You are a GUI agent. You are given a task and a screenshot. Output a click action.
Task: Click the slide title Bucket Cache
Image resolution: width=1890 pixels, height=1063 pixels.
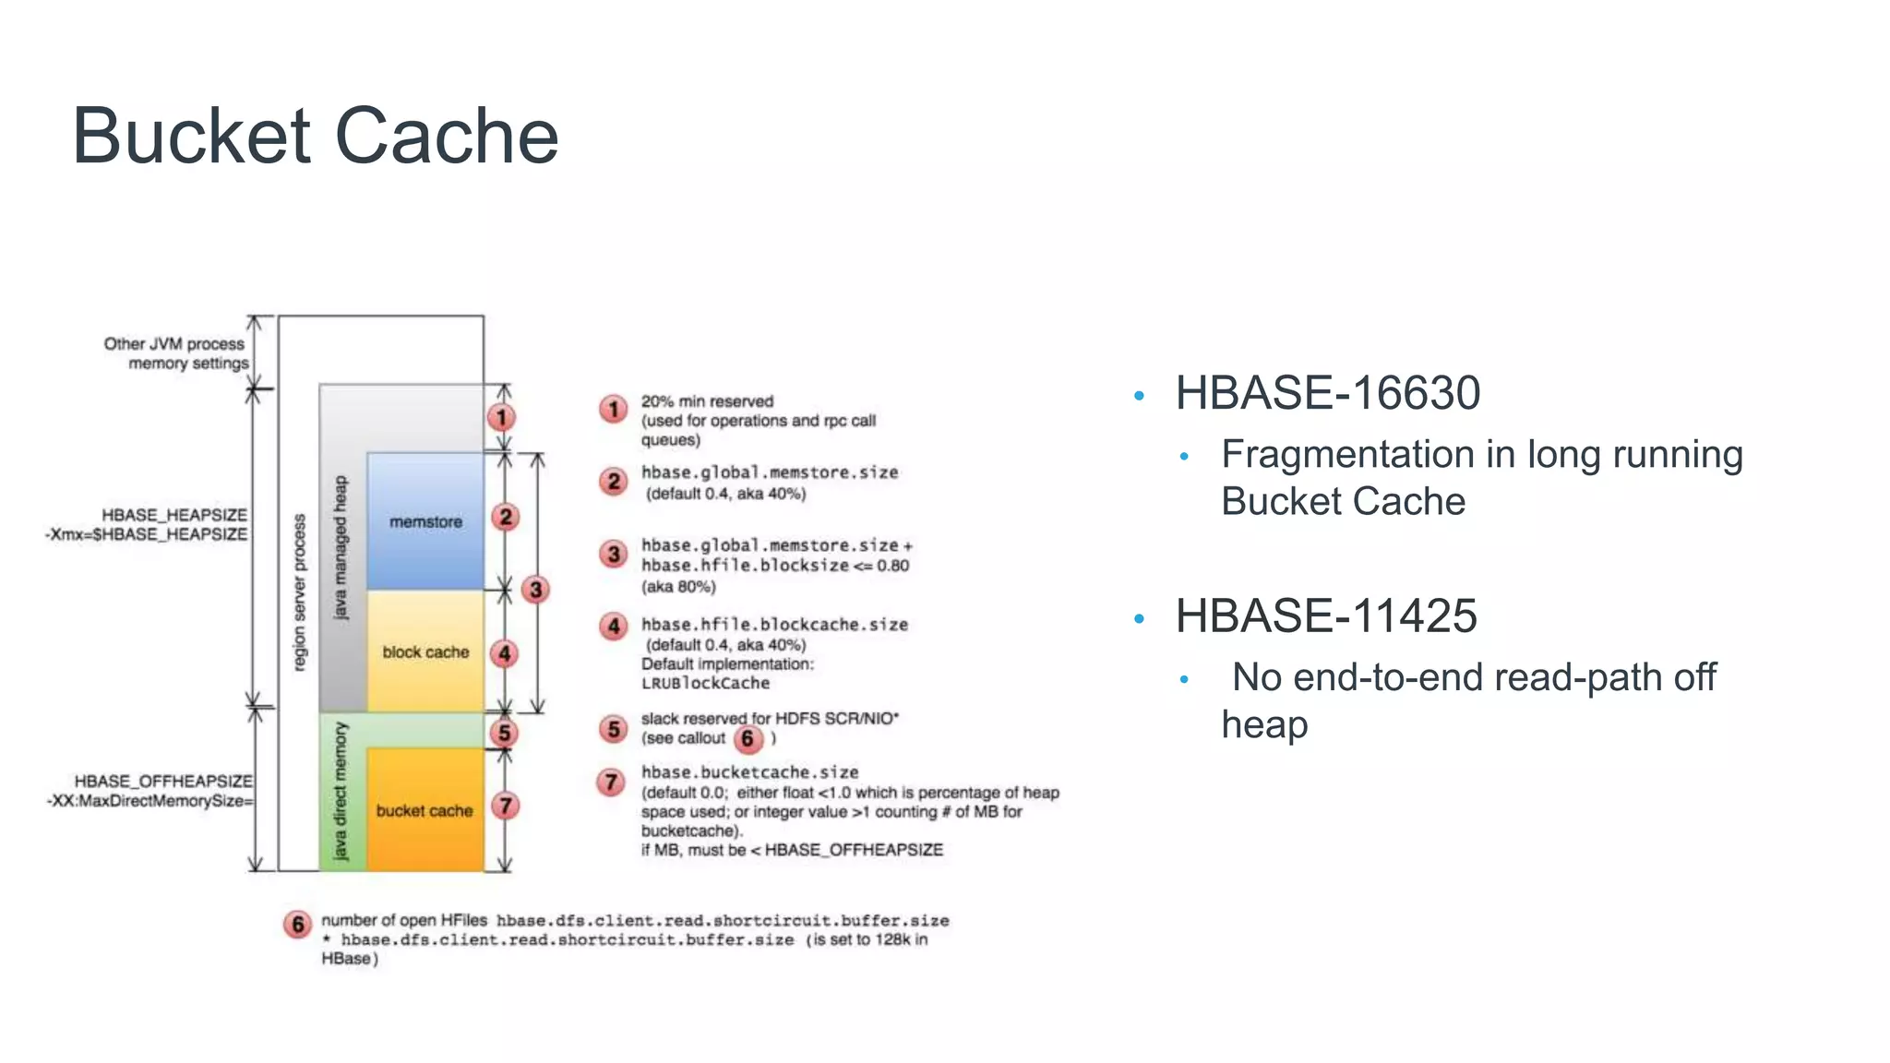pos(315,136)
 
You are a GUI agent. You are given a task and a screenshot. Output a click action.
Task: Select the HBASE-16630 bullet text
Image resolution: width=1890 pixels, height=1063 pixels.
pos(1327,393)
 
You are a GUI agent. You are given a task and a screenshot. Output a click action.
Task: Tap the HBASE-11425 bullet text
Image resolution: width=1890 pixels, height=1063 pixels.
pos(1325,616)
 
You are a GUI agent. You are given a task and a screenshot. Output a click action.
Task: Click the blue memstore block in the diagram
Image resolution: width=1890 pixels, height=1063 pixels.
pos(425,522)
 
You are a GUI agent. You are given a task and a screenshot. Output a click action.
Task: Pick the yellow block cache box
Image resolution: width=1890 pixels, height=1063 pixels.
pos(425,652)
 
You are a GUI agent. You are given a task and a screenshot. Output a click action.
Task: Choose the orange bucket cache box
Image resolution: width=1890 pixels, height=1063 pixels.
pos(425,811)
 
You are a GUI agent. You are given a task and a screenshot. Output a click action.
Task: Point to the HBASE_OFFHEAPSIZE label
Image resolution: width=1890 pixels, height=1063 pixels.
pos(162,782)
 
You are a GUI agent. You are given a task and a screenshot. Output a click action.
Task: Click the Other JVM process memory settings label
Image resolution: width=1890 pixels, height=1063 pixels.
pos(175,353)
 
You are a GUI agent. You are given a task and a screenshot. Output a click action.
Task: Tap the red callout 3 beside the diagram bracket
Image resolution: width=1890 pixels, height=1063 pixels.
pos(535,590)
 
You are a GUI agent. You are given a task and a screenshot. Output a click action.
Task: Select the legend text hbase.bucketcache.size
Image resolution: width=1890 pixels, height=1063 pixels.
pos(749,772)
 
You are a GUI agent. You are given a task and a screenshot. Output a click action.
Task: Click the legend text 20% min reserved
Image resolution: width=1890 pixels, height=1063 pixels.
pos(707,401)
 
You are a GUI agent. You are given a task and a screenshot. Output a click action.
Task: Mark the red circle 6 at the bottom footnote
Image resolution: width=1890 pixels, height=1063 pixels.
pos(297,924)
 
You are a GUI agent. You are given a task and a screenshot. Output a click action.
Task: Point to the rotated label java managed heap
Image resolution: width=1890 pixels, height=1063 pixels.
pos(341,548)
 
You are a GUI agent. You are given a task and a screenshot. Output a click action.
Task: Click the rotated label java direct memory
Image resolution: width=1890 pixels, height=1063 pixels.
pos(341,791)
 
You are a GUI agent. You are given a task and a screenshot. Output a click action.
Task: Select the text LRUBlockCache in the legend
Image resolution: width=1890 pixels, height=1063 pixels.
pos(705,684)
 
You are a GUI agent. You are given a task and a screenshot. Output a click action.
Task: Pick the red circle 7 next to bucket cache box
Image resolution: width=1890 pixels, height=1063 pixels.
pos(505,806)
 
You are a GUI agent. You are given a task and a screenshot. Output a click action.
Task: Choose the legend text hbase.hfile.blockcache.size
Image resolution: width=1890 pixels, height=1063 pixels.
pos(774,625)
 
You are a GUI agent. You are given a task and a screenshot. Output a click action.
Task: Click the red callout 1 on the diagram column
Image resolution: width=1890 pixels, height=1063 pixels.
pos(501,418)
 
